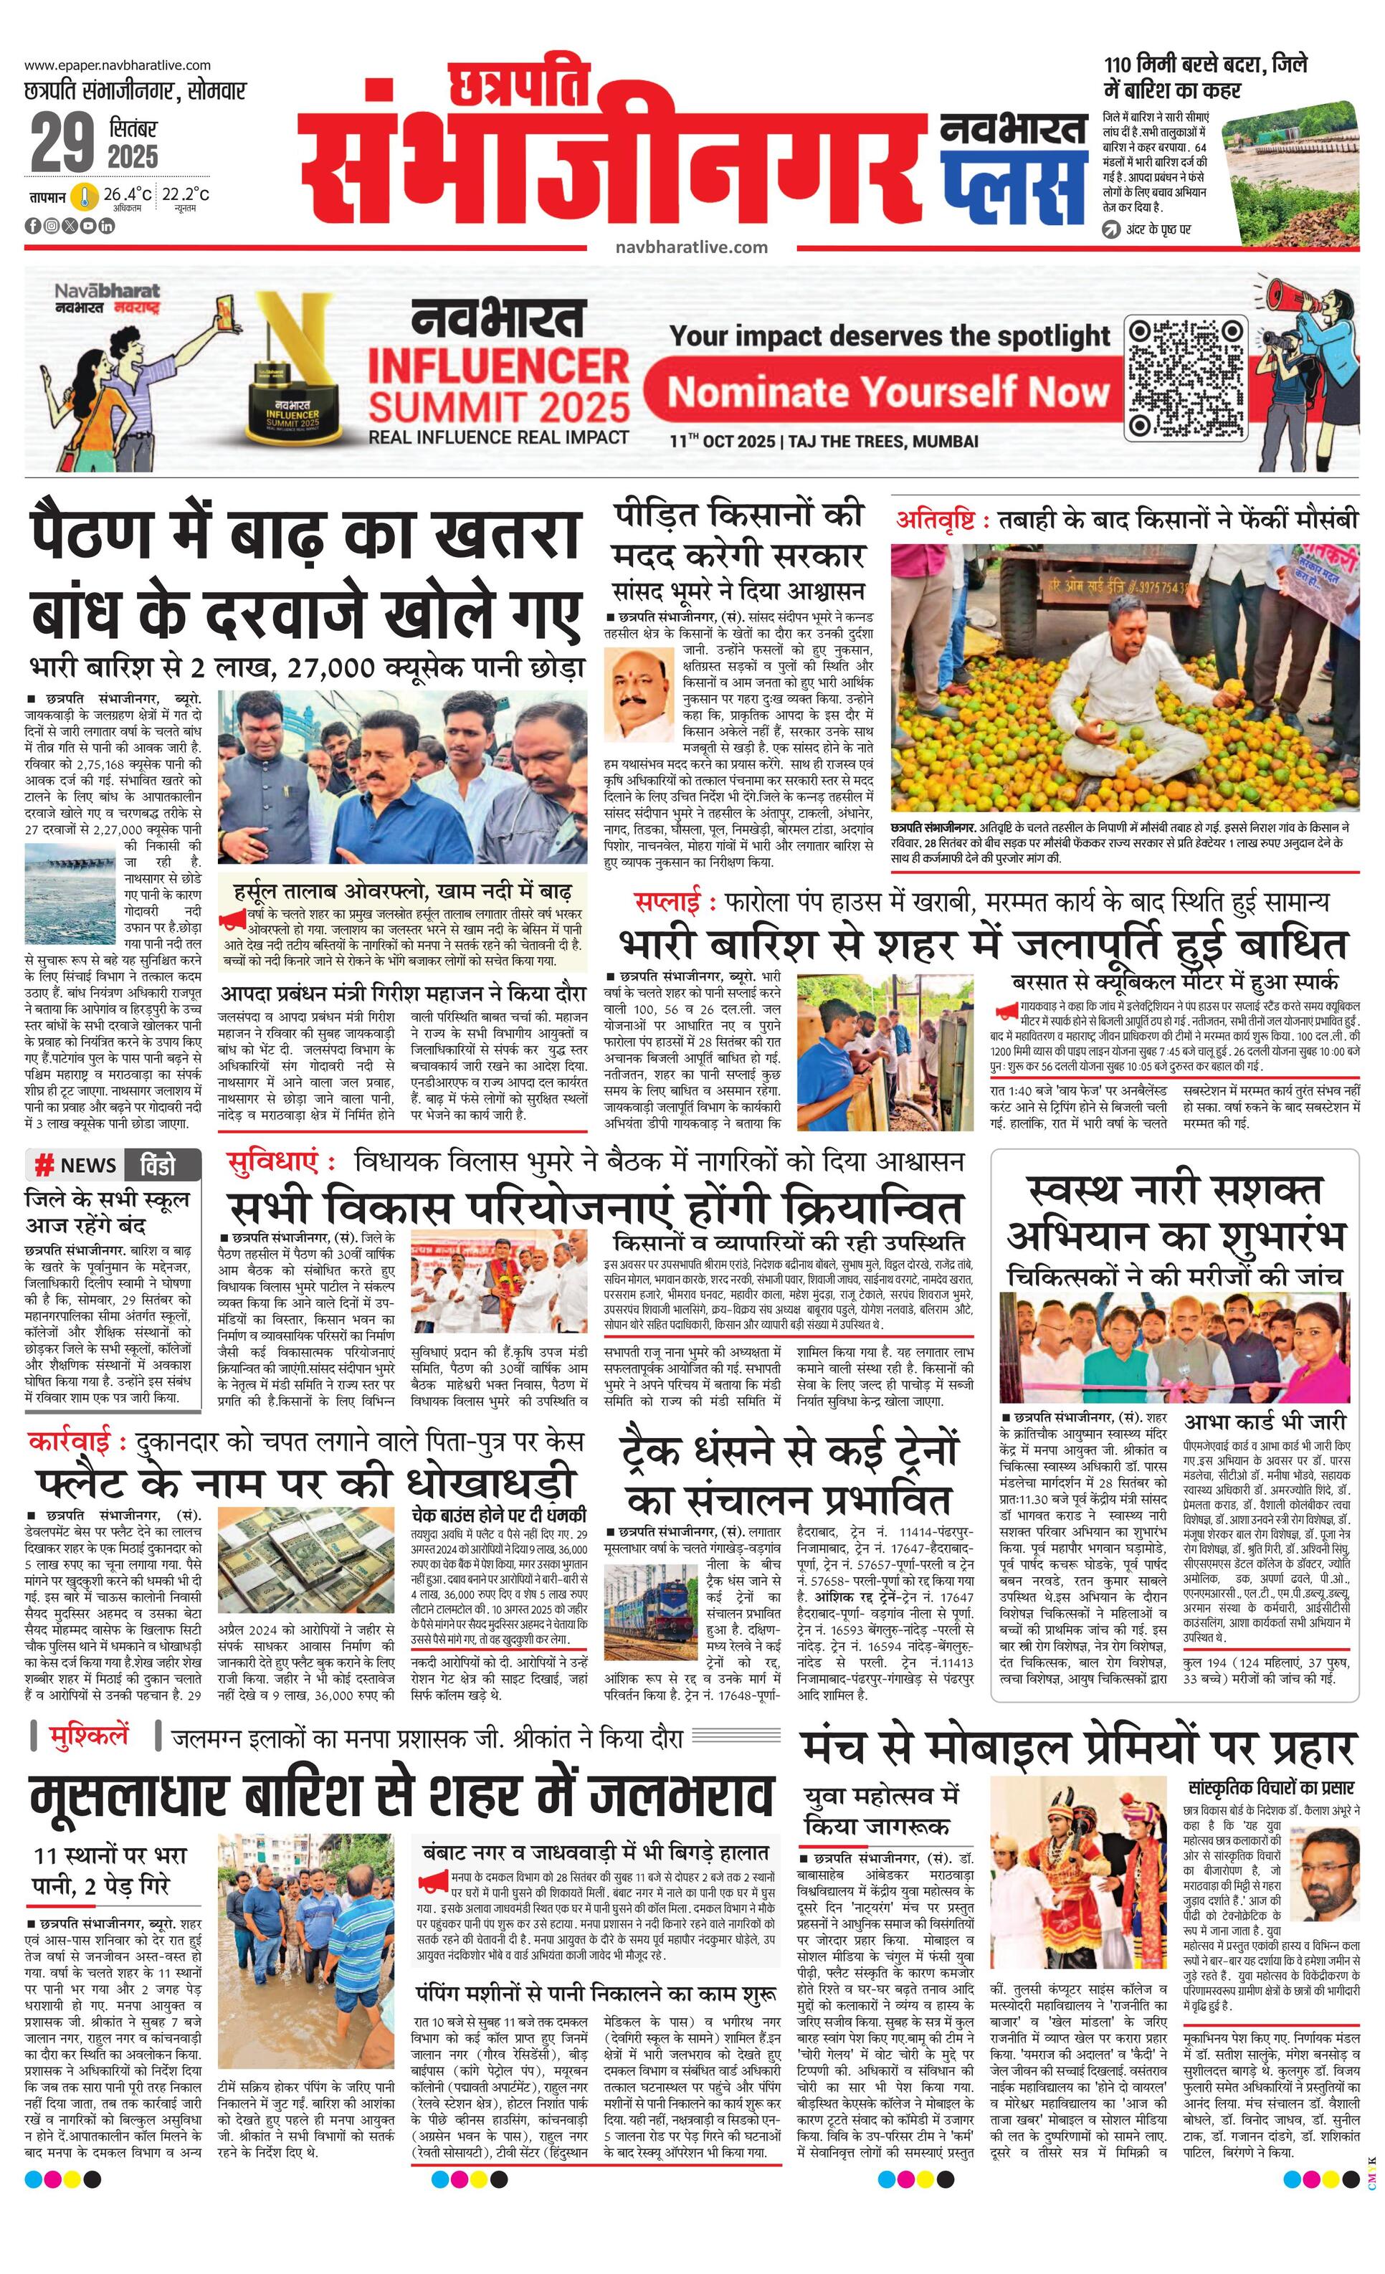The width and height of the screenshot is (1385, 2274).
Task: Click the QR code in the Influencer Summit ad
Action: pyautogui.click(x=1185, y=379)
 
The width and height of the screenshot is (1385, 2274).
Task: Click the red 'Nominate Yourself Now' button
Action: pyautogui.click(x=887, y=393)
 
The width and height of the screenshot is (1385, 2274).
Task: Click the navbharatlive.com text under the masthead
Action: pyautogui.click(x=691, y=247)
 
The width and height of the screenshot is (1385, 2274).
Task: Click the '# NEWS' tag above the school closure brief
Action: pyautogui.click(x=76, y=1166)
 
